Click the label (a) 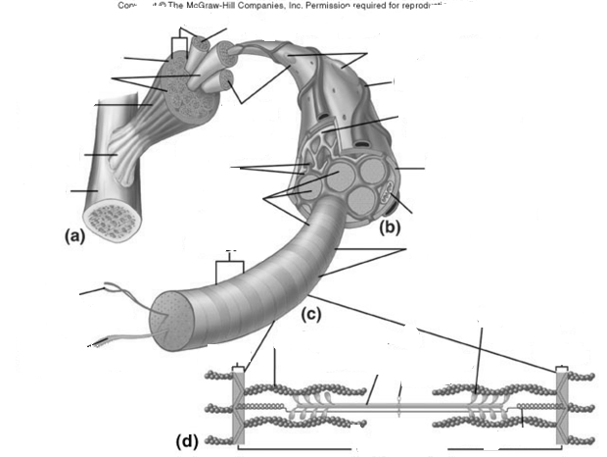75,235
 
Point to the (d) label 186,440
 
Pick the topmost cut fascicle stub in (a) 201,45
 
